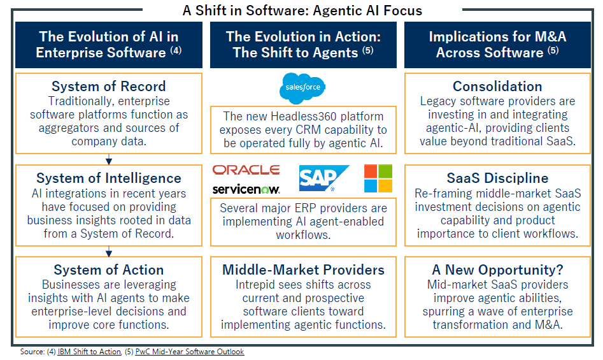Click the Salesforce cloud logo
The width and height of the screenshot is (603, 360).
tap(302, 89)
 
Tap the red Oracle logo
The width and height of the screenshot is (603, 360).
tap(246, 170)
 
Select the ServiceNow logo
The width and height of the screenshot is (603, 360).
tap(246, 189)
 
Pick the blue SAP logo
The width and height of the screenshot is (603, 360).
tap(324, 178)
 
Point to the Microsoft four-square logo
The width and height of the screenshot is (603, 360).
tap(378, 178)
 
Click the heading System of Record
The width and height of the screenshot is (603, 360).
tap(109, 86)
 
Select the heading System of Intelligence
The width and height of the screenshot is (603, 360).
tap(109, 178)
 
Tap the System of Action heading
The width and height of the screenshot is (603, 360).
tap(109, 270)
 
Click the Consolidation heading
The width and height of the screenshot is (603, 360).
tap(497, 86)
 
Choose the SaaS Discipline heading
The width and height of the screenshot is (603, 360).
tap(497, 178)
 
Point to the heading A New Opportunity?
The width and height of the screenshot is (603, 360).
tap(497, 270)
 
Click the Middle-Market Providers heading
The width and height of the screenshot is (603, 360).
tap(304, 270)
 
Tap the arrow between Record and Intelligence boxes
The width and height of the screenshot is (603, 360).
tap(109, 159)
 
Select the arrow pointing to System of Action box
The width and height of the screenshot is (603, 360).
tap(109, 251)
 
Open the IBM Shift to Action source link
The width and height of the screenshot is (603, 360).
tap(89, 352)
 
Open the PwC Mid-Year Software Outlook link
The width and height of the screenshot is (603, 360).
tap(190, 352)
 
